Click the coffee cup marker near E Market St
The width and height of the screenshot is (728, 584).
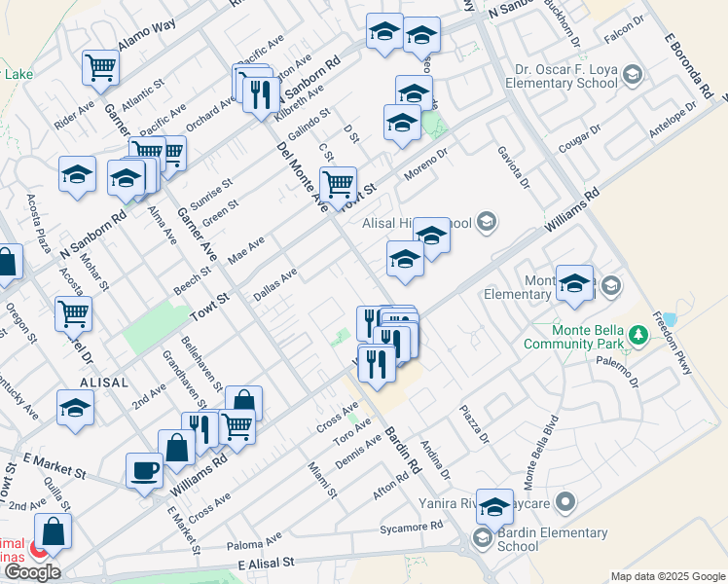pos(145,470)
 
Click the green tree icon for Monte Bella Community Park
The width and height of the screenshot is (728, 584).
pos(638,336)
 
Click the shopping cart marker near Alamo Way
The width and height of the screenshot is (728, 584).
pos(100,67)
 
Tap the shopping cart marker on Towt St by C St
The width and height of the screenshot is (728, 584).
pos(338,183)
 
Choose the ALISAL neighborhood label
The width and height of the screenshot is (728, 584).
pos(104,383)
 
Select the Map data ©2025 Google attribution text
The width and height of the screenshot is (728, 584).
pos(668,576)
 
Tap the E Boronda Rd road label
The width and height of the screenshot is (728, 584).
pos(688,66)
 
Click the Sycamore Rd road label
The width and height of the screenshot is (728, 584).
pos(417,526)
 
